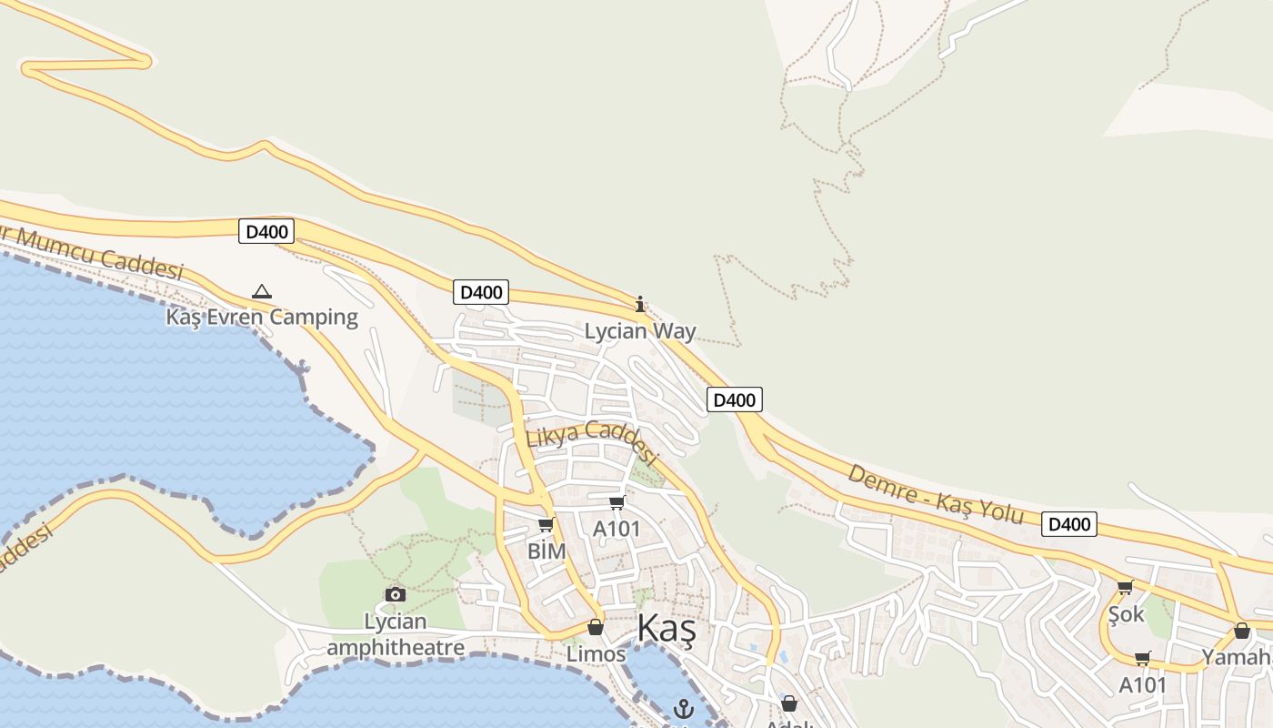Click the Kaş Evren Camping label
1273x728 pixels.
click(262, 318)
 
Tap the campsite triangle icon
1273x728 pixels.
click(262, 292)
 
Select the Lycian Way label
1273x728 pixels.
click(640, 331)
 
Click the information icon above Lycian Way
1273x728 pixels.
click(640, 304)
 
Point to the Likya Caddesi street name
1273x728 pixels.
click(591, 440)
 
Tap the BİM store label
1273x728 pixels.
click(546, 551)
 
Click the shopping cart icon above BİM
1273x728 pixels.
click(546, 525)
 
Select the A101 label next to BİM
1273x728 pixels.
click(616, 529)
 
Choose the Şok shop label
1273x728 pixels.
click(1126, 614)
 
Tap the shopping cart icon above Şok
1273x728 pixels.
click(1126, 588)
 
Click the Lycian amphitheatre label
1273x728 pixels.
click(396, 635)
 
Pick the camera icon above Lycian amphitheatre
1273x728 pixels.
click(396, 595)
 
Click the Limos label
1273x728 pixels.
click(596, 654)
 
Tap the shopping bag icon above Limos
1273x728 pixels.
click(596, 628)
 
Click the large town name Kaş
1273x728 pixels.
click(667, 629)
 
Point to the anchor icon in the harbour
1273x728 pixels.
click(683, 709)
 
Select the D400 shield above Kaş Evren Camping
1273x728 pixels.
click(266, 232)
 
